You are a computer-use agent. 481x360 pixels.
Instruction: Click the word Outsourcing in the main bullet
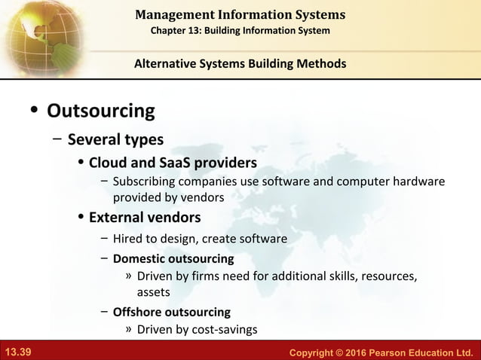pos(100,111)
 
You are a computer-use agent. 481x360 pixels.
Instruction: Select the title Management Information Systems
pos(240,14)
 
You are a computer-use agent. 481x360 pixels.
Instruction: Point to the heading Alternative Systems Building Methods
pos(240,63)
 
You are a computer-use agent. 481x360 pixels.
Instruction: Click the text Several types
pos(115,139)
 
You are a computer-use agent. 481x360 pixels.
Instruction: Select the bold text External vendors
pos(145,218)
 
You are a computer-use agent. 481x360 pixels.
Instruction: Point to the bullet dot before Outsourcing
pos(34,112)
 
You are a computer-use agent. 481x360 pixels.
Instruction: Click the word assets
pos(153,291)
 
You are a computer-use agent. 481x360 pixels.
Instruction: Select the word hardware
pos(418,182)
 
